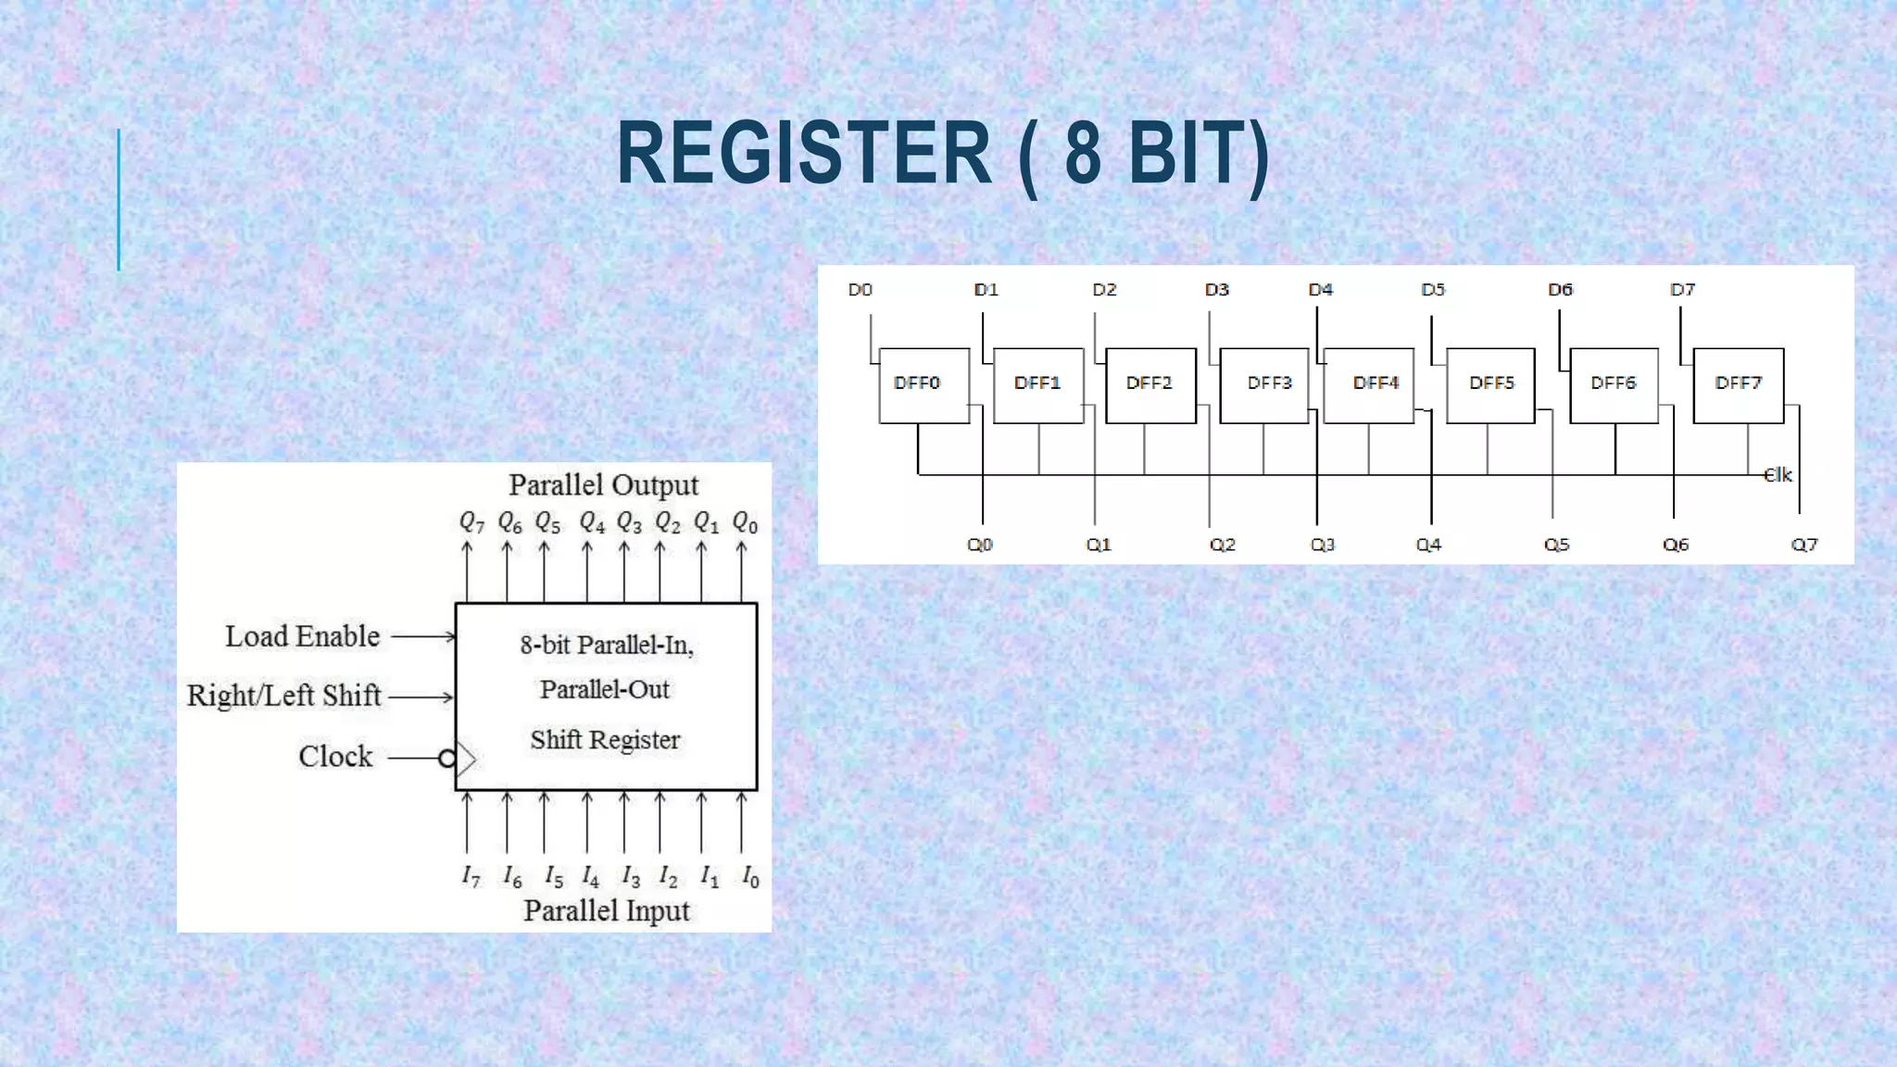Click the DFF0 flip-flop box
point(923,385)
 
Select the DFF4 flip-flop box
point(1369,385)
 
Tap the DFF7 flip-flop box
point(1738,385)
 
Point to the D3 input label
point(1216,290)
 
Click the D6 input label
point(1560,290)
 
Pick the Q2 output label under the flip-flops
point(1222,545)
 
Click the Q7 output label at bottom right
point(1803,545)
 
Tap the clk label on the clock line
point(1777,475)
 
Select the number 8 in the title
point(1084,154)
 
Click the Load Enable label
point(302,636)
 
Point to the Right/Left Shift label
point(283,695)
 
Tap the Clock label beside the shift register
point(334,756)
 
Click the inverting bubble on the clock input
point(446,759)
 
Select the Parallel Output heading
point(603,484)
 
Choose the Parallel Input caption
point(606,910)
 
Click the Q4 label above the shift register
point(592,523)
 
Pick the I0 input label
point(750,876)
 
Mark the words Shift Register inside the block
point(605,740)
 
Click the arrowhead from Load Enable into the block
point(450,636)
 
